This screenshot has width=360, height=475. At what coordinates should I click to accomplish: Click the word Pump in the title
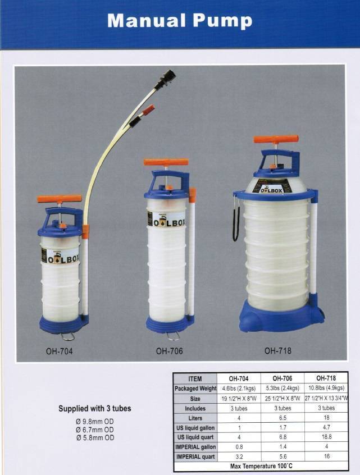pyautogui.click(x=222, y=21)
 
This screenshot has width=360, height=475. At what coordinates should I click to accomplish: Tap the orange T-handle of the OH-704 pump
pyautogui.click(x=60, y=199)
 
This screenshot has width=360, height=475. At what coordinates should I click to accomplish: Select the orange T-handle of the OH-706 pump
pyautogui.click(x=166, y=162)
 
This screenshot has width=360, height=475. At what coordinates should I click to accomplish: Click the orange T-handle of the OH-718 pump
pyautogui.click(x=276, y=139)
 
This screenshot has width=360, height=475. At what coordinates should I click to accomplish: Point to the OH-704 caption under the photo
pyautogui.click(x=60, y=351)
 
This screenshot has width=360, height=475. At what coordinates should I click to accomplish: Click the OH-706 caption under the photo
pyautogui.click(x=170, y=351)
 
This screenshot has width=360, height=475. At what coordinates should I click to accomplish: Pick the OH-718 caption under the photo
pyautogui.click(x=278, y=350)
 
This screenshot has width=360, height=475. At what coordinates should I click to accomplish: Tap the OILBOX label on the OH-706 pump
pyautogui.click(x=166, y=219)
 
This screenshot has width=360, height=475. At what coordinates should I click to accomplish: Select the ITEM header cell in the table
pyautogui.click(x=195, y=378)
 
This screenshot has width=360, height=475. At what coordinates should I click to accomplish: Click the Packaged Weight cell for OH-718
pyautogui.click(x=326, y=388)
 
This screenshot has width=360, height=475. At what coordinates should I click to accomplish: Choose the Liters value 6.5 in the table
pyautogui.click(x=282, y=418)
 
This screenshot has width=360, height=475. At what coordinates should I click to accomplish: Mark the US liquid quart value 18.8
pyautogui.click(x=327, y=437)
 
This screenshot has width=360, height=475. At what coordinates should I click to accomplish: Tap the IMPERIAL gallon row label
pyautogui.click(x=195, y=447)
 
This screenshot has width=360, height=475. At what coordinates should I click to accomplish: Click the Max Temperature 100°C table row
pyautogui.click(x=261, y=466)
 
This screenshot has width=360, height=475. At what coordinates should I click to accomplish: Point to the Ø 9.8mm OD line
pyautogui.click(x=95, y=422)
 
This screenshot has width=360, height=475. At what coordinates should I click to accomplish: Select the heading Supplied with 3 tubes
pyautogui.click(x=95, y=408)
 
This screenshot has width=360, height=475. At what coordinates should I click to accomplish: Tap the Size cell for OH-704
pyautogui.click(x=239, y=398)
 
